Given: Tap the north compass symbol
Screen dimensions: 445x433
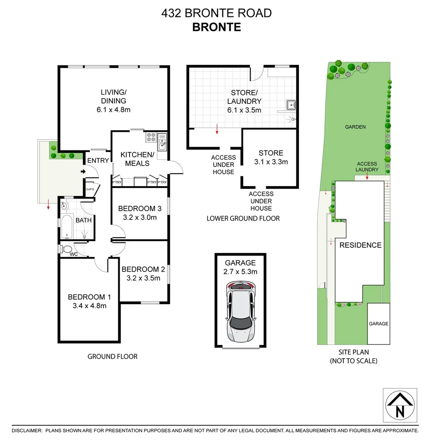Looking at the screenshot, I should [400, 405].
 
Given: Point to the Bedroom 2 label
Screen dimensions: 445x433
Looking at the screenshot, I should [143, 269].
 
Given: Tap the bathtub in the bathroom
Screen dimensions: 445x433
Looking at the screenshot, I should [66, 227].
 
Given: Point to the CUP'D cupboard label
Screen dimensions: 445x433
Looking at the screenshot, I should [90, 190].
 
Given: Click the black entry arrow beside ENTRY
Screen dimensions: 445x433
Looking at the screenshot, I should [83, 171].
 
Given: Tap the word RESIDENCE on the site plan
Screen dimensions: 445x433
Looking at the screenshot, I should [360, 245].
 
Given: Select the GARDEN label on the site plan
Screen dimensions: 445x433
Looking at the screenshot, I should [355, 127].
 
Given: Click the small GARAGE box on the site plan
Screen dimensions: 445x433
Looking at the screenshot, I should [378, 324].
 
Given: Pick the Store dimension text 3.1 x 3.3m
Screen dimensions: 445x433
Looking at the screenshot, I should [271, 162].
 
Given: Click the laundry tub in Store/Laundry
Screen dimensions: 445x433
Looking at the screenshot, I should [291, 105].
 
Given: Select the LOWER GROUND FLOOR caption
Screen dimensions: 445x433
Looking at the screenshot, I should [243, 218].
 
